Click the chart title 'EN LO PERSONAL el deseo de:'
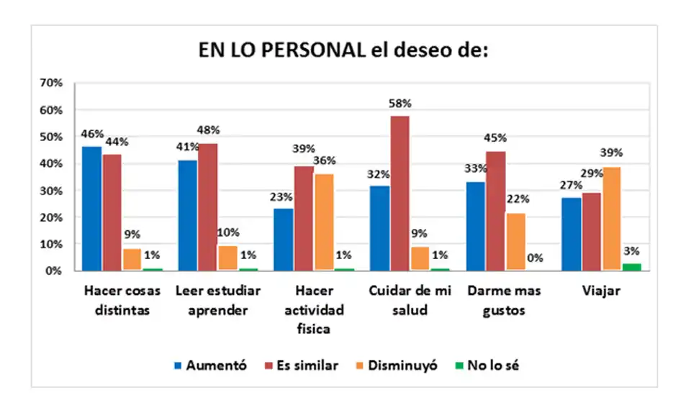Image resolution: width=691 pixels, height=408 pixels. (x=344, y=53)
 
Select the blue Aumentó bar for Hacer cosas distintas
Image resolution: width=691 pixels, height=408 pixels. (x=92, y=209)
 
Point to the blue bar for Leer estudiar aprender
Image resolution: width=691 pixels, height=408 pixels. (x=188, y=215)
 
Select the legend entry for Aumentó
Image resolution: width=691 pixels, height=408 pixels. (x=209, y=366)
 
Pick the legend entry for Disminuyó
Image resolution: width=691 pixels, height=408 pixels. (x=395, y=366)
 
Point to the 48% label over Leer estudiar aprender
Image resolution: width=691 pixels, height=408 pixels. (x=208, y=130)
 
